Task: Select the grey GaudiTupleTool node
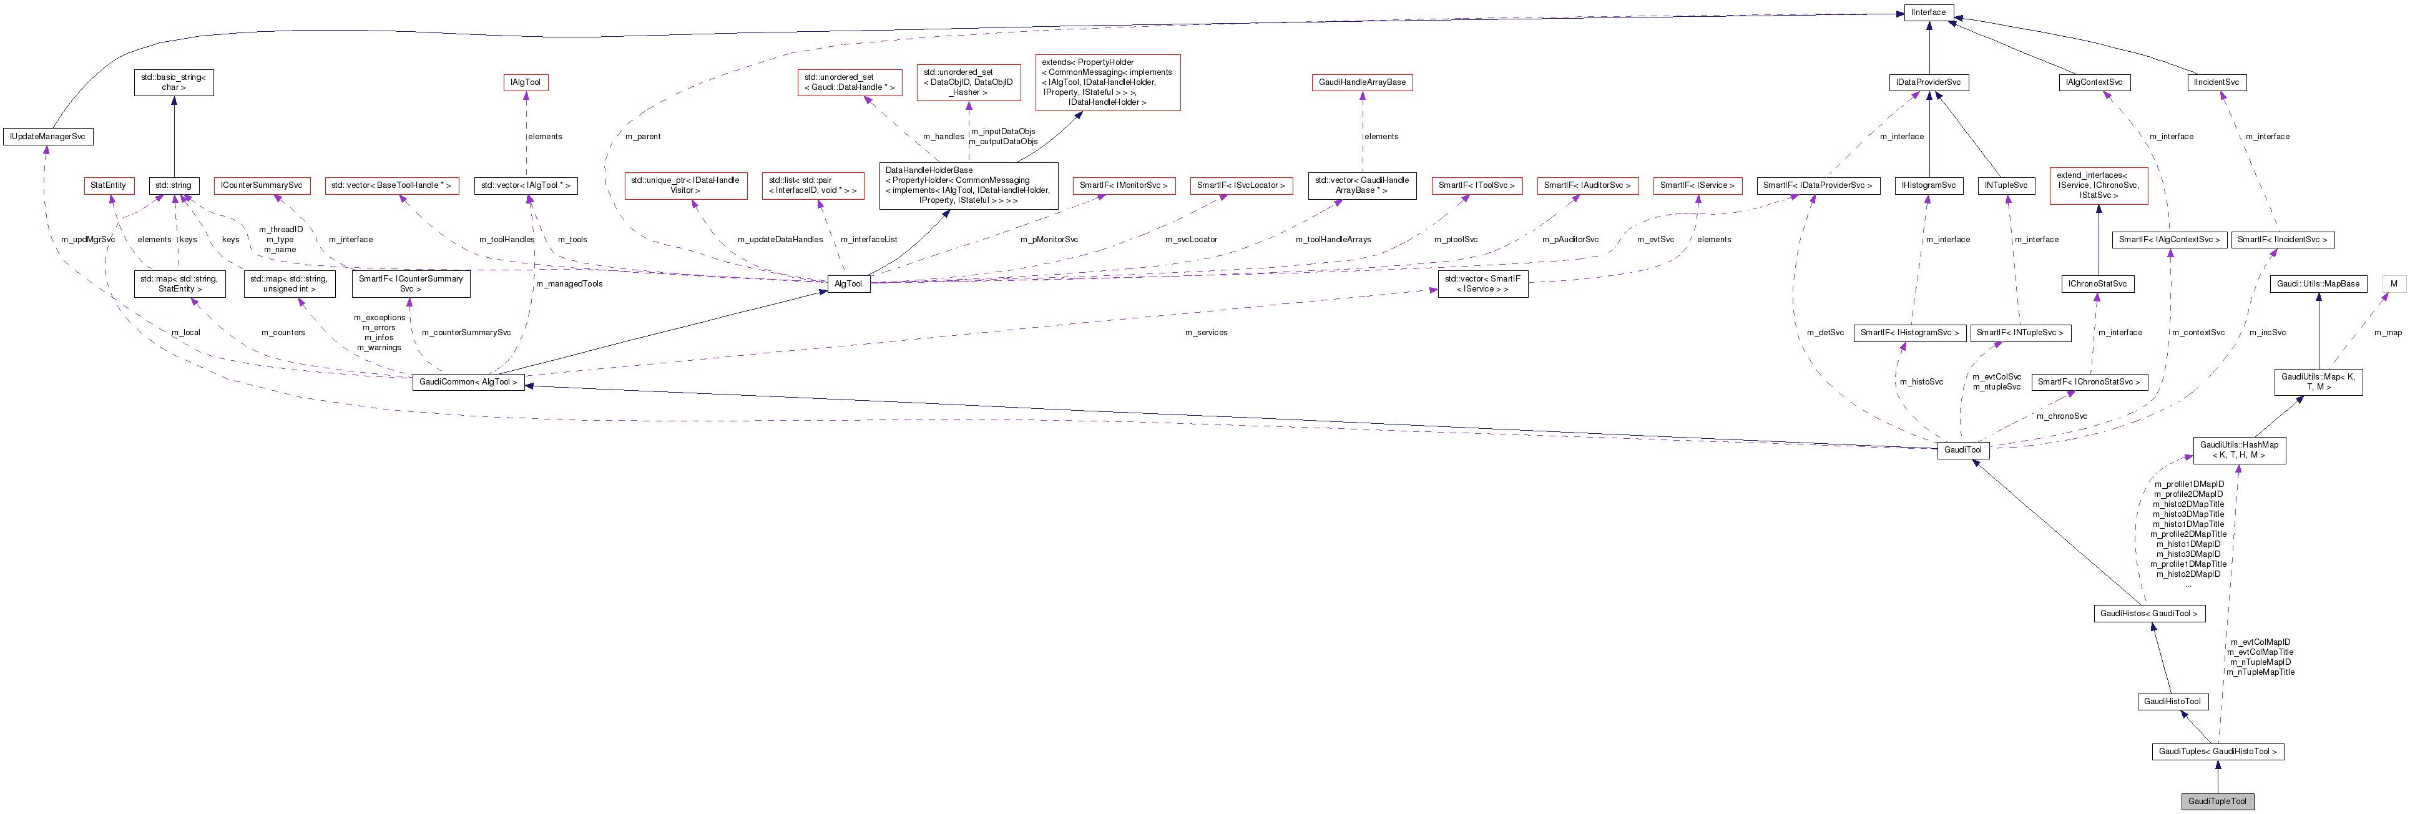(x=2217, y=801)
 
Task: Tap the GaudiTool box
(x=1962, y=450)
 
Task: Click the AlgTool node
(x=848, y=283)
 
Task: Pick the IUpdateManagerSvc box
(x=47, y=137)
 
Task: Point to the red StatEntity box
(x=107, y=185)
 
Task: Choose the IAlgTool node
(x=525, y=82)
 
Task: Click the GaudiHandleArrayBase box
(x=1361, y=82)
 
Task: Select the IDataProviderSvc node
(x=1928, y=82)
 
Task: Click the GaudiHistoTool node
(x=2172, y=702)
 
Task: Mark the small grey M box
(x=2393, y=283)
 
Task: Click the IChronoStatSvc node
(x=2097, y=283)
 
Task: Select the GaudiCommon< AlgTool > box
(x=468, y=382)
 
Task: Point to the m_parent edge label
(x=643, y=137)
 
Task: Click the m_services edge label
(x=1206, y=332)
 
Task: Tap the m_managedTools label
(x=569, y=283)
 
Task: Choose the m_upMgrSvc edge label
(x=88, y=240)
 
